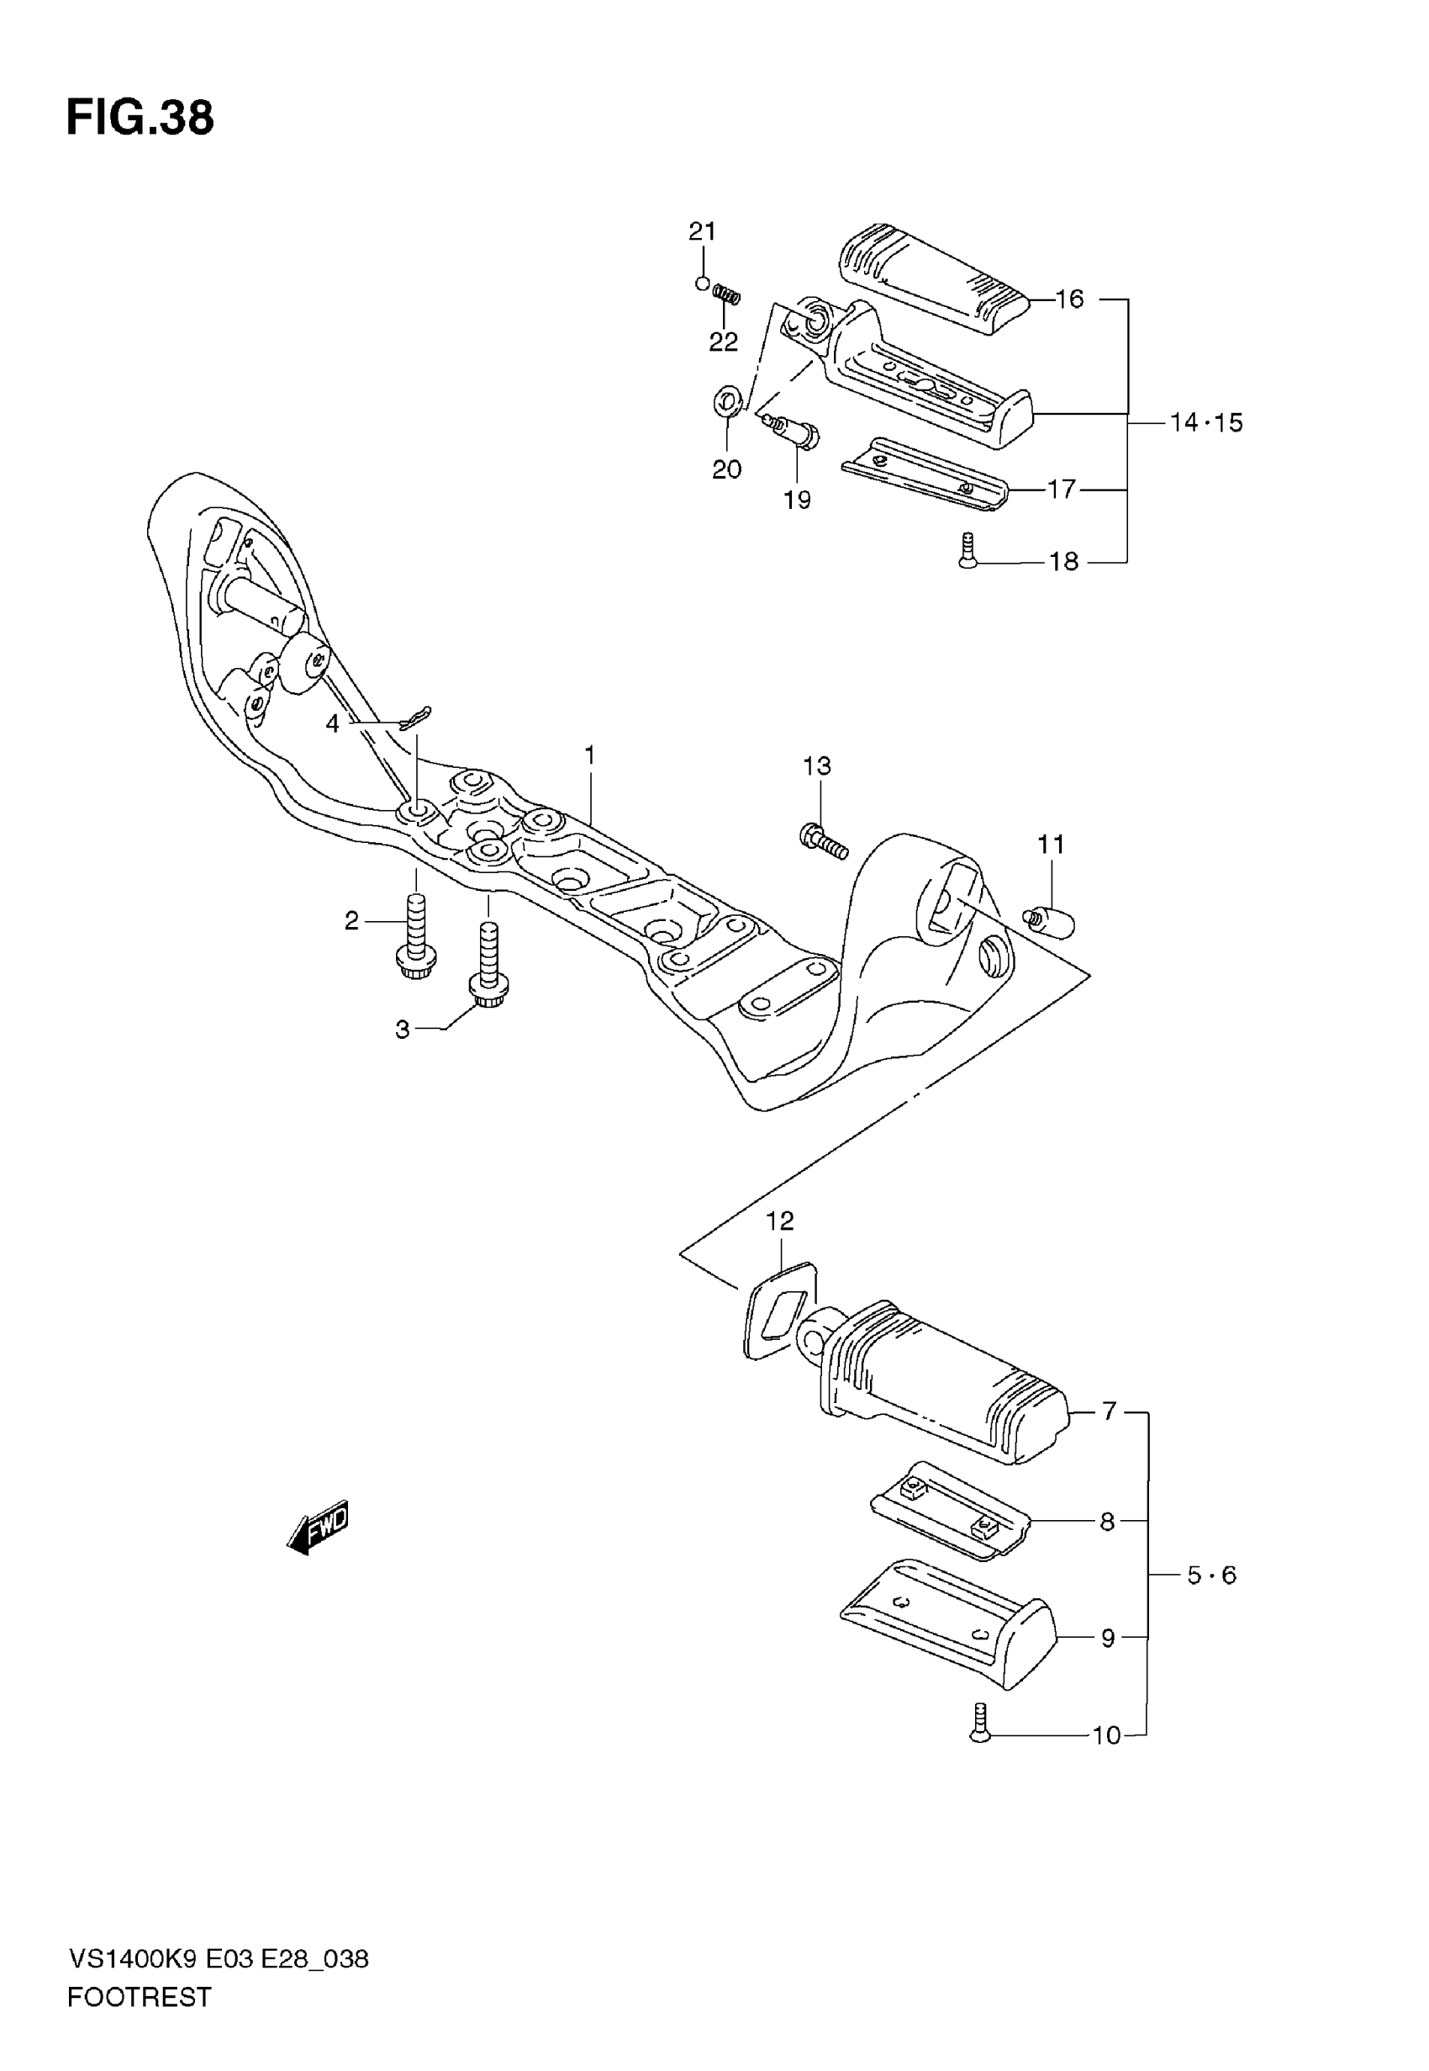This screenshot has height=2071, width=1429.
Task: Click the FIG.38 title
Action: coord(140,119)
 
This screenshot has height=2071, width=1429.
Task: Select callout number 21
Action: coord(702,232)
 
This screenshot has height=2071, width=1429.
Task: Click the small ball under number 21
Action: coord(703,284)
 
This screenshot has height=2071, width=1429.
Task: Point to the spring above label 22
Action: coord(727,294)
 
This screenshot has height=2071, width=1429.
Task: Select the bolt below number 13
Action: coord(823,841)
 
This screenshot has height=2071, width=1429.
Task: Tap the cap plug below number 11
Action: coord(1049,921)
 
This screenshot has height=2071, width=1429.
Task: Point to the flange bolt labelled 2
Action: coord(414,938)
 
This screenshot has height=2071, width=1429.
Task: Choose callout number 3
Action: coord(402,1030)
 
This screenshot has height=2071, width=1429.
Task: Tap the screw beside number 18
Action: coord(966,549)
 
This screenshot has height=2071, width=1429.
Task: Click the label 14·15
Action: coord(1206,422)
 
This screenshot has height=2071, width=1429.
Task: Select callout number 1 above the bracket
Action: coord(589,756)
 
